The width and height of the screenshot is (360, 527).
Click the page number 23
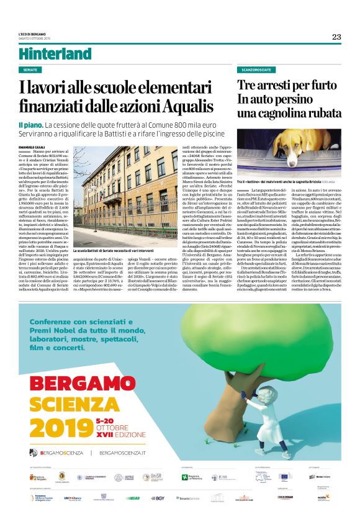[336, 37]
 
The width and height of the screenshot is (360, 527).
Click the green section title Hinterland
[55, 54]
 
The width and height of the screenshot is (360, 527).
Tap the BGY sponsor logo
[157, 498]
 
